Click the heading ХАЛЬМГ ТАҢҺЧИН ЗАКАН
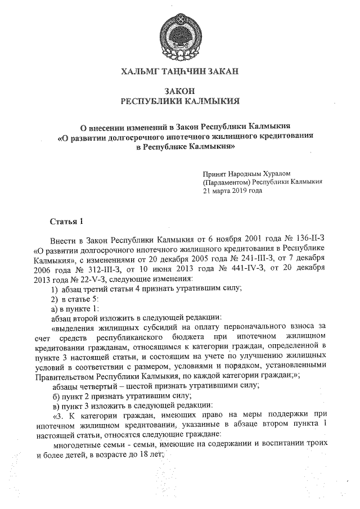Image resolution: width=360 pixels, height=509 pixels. click(x=180, y=71)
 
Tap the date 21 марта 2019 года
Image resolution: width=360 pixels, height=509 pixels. click(x=232, y=191)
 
